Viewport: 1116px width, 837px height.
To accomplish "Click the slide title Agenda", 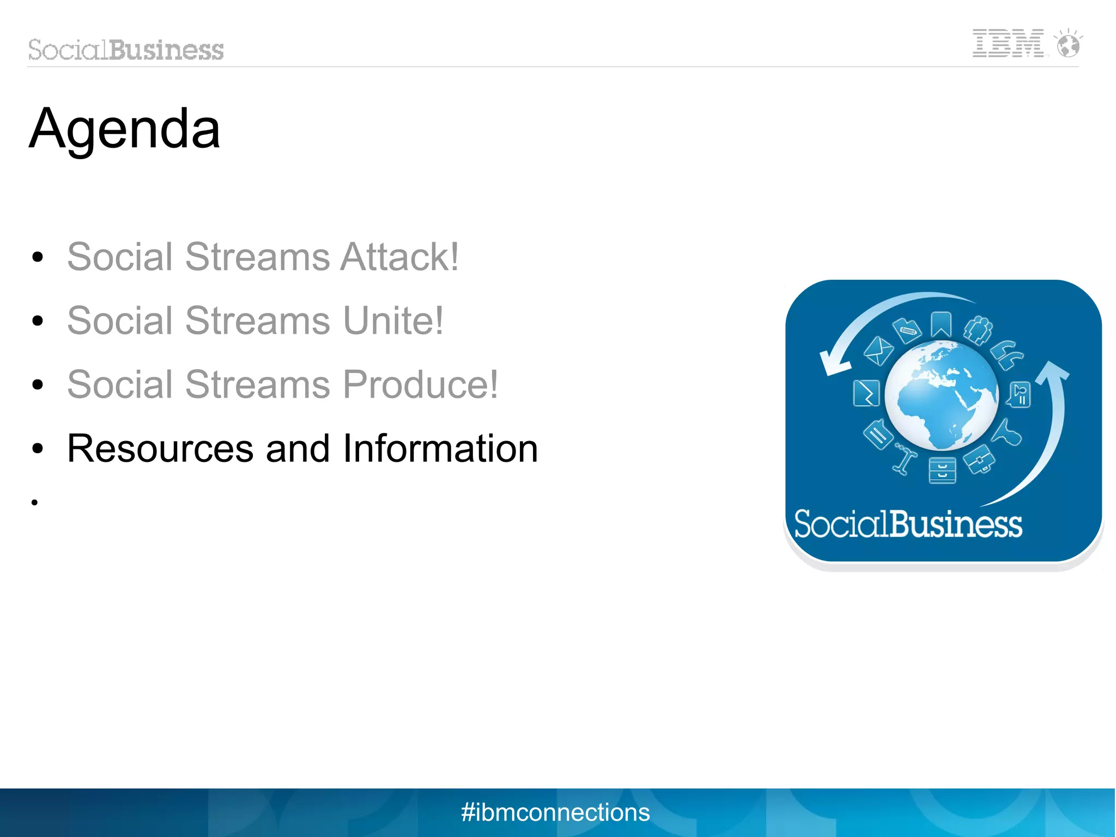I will [x=124, y=130].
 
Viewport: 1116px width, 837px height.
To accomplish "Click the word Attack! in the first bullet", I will [x=399, y=256].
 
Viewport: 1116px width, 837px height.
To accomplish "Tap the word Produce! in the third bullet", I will [x=420, y=384].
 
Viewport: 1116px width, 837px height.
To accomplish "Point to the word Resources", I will [x=160, y=448].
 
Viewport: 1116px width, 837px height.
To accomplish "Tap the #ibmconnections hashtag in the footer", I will [x=555, y=812].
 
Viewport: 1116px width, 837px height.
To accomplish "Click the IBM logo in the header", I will [x=1008, y=43].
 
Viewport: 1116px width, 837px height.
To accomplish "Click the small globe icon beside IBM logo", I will [x=1068, y=44].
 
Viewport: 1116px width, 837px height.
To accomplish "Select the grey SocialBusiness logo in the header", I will [x=126, y=50].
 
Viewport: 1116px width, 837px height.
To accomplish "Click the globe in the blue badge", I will [x=941, y=395].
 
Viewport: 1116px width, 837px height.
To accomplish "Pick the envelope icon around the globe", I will [x=878, y=351].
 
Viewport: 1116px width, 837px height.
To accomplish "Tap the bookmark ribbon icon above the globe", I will [x=941, y=324].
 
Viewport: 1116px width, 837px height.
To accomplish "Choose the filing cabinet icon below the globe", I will [x=942, y=471].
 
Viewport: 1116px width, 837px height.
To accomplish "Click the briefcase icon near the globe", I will [x=979, y=459].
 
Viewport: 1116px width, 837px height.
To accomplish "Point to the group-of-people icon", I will [x=978, y=330].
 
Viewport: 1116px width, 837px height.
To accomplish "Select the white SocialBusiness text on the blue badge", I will [x=908, y=524].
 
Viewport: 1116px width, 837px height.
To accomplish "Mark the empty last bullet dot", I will [x=35, y=502].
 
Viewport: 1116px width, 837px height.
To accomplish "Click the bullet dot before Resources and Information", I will [x=37, y=449].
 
